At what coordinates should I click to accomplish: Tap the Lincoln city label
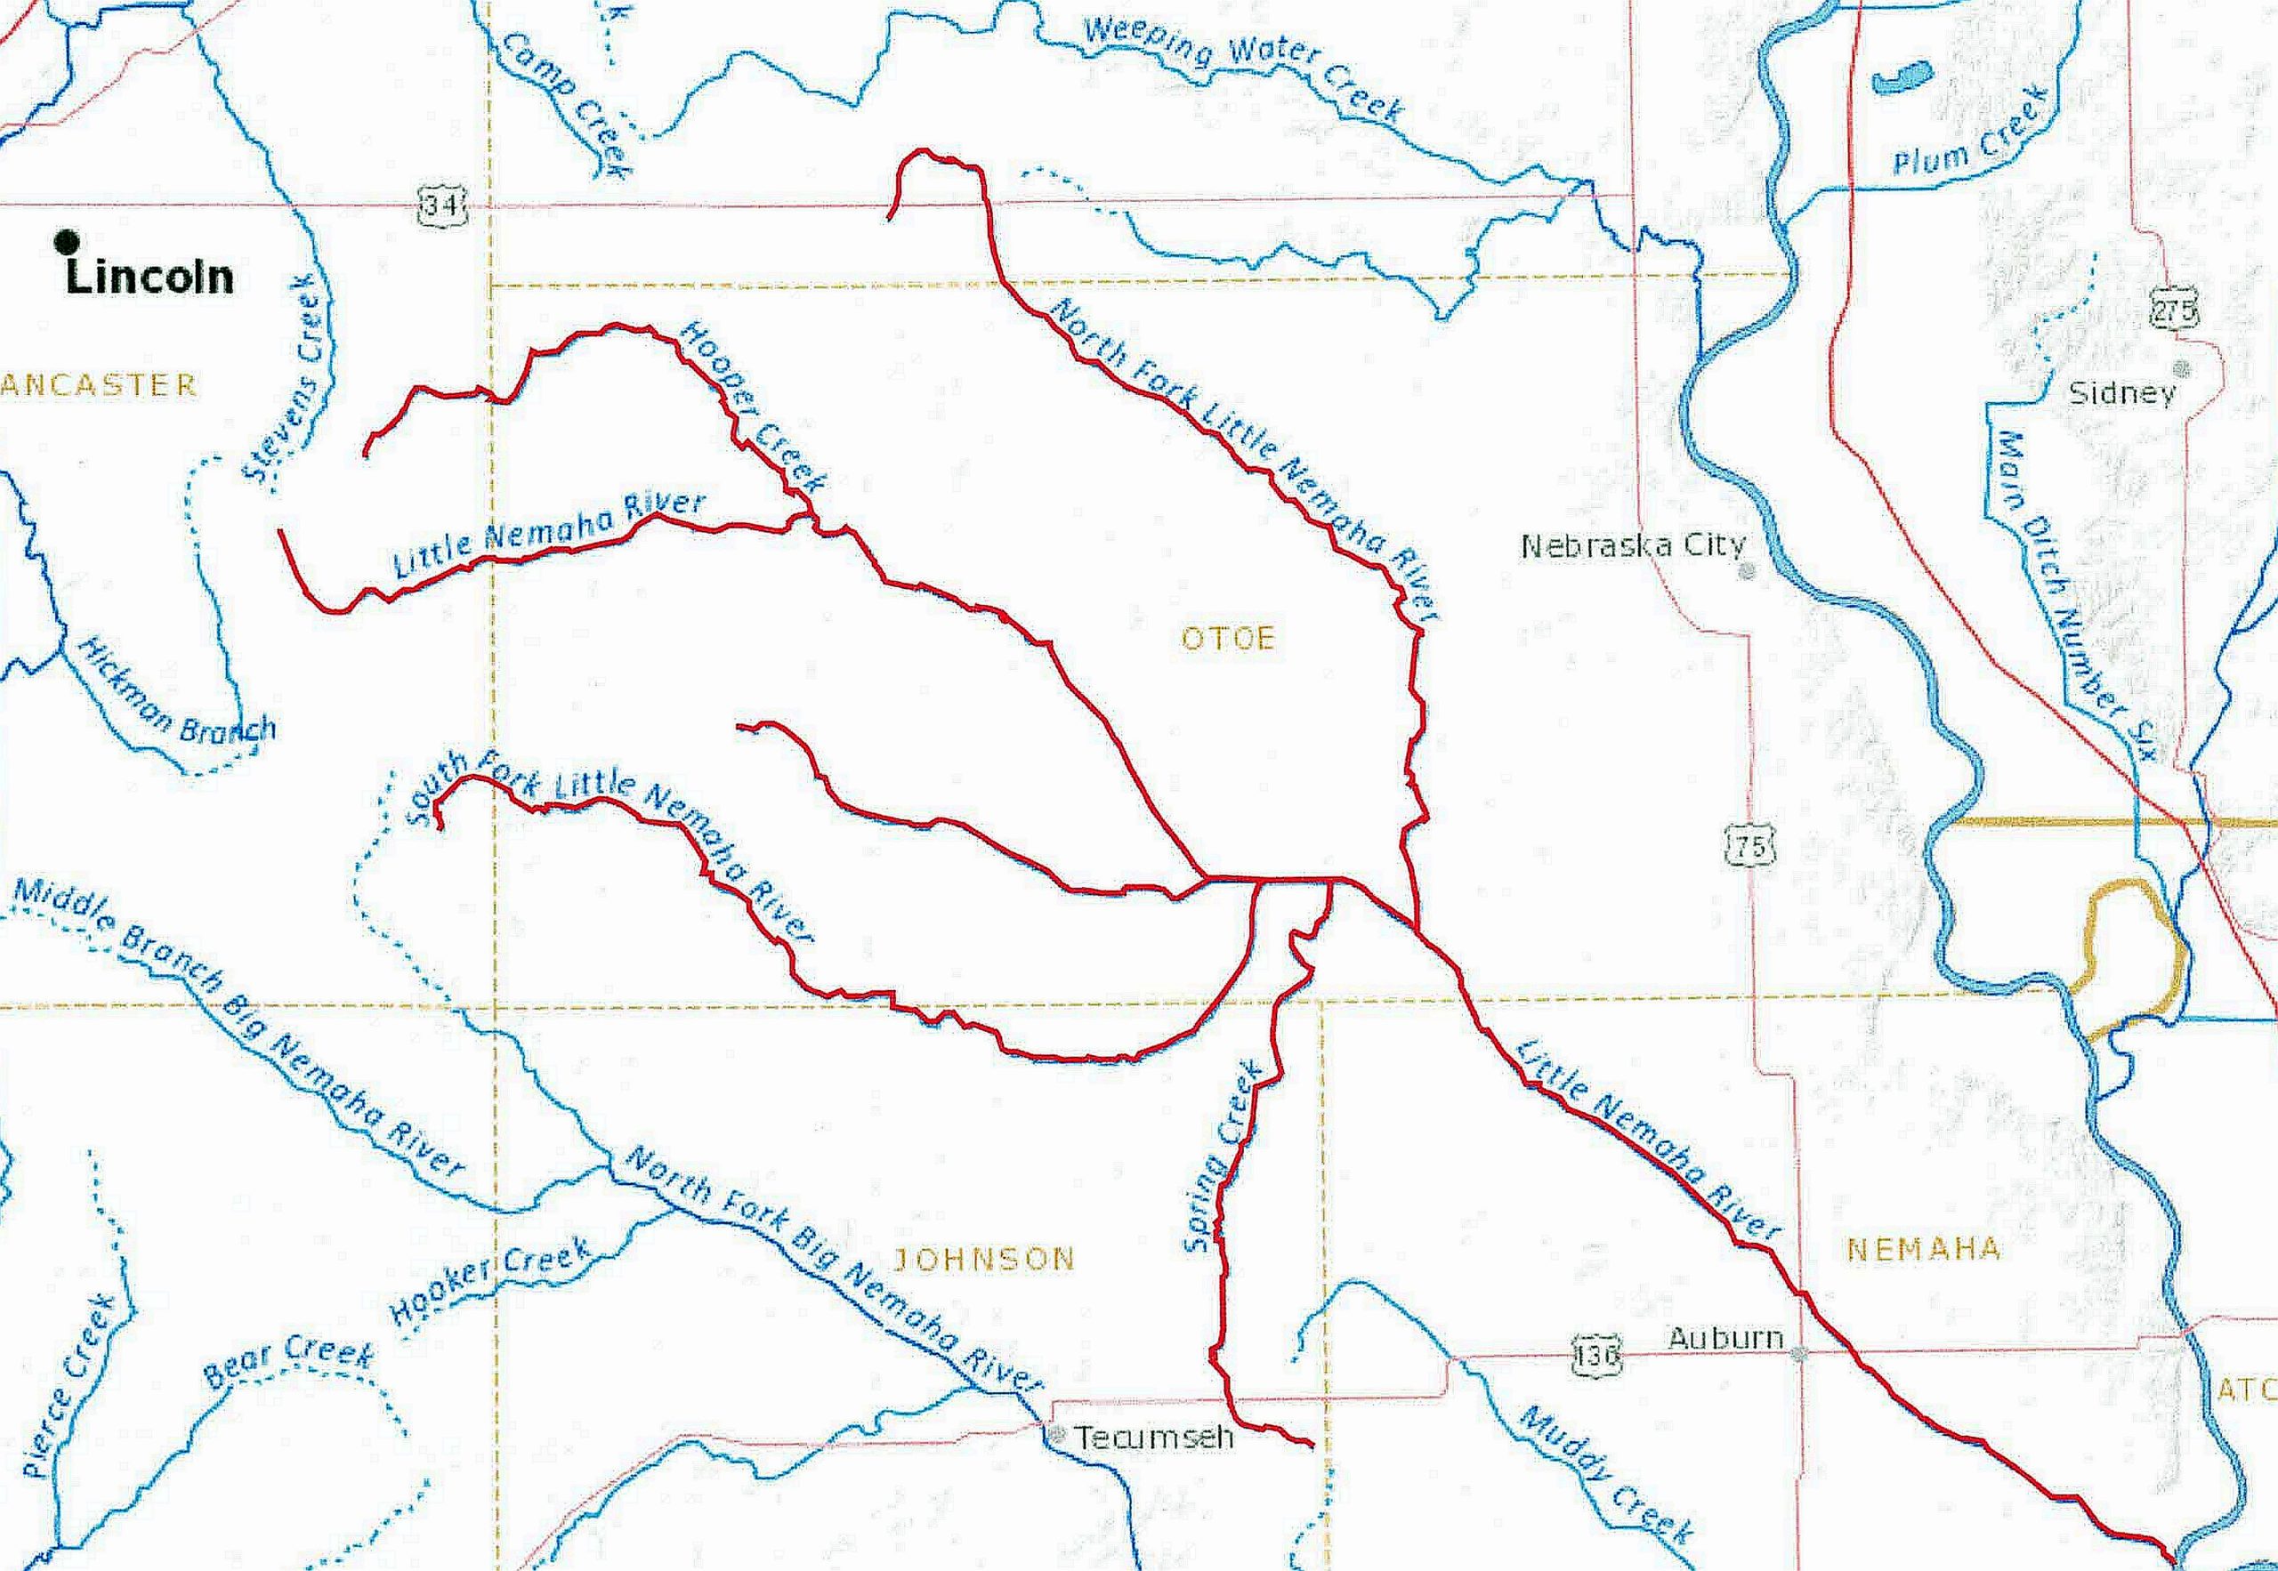(x=149, y=278)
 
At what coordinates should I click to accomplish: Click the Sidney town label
(x=2121, y=394)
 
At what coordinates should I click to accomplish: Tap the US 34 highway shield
(x=434, y=205)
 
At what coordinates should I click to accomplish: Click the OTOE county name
(x=1228, y=639)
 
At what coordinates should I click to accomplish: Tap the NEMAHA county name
(x=1923, y=1249)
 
